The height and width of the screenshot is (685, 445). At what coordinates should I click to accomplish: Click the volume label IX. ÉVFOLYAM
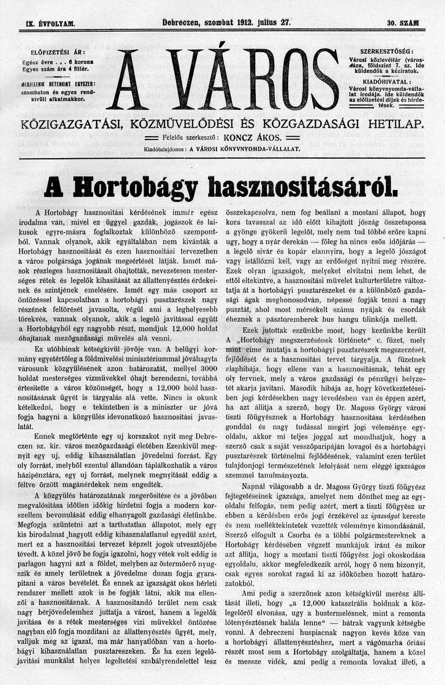(51, 24)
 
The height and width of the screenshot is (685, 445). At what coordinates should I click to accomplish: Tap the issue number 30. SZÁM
(403, 24)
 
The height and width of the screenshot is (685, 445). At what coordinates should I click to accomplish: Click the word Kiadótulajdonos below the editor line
(166, 149)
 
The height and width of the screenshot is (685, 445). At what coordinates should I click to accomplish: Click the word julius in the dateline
(274, 23)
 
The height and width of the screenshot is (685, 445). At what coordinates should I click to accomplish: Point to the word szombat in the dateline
(218, 23)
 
